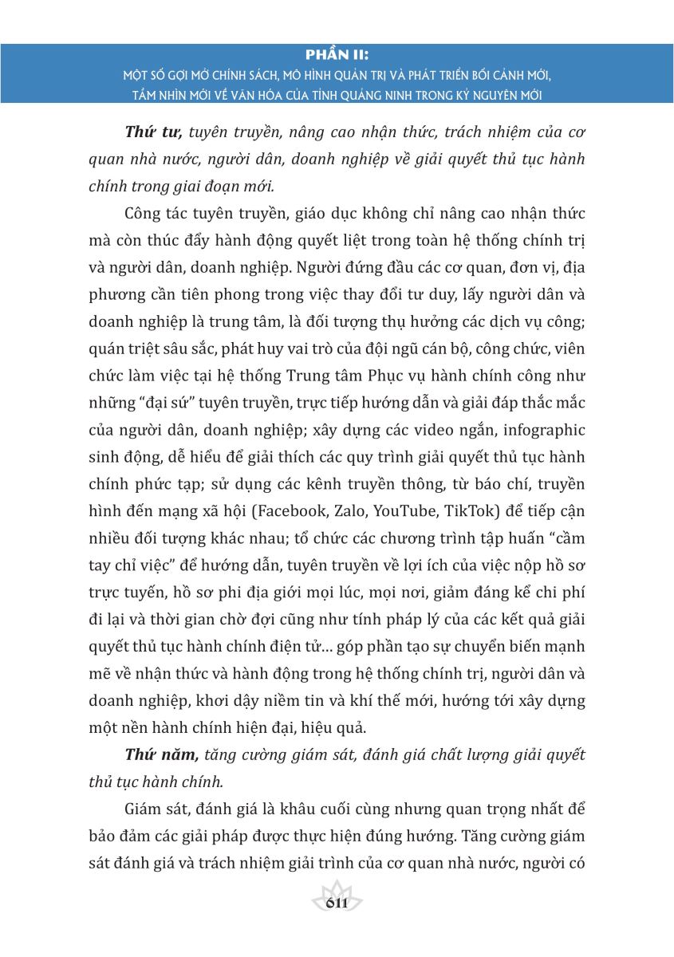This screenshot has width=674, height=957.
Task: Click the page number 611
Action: tap(337, 903)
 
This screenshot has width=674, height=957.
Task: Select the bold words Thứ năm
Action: tap(161, 754)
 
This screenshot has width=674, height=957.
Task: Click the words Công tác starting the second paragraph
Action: tap(158, 215)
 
